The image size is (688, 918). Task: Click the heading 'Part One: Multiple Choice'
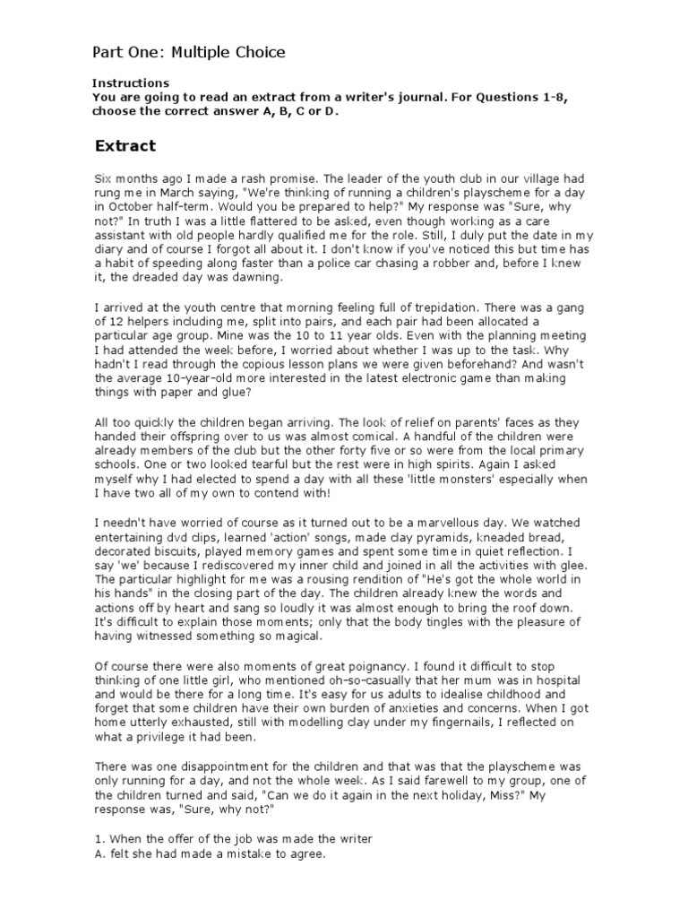pyautogui.click(x=190, y=52)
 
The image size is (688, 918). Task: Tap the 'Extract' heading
pyautogui.click(x=125, y=145)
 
